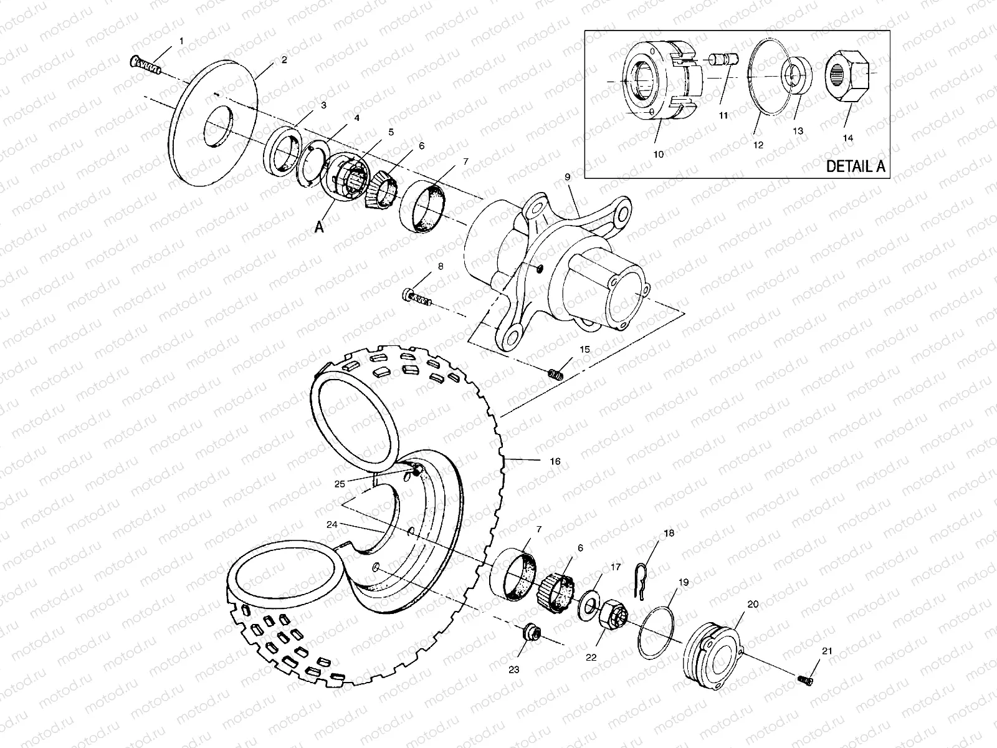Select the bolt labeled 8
point(416,297)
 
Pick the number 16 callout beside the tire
point(555,462)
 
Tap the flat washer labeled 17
point(588,605)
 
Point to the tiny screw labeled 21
point(805,681)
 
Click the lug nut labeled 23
point(532,634)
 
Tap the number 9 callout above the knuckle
point(567,177)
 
